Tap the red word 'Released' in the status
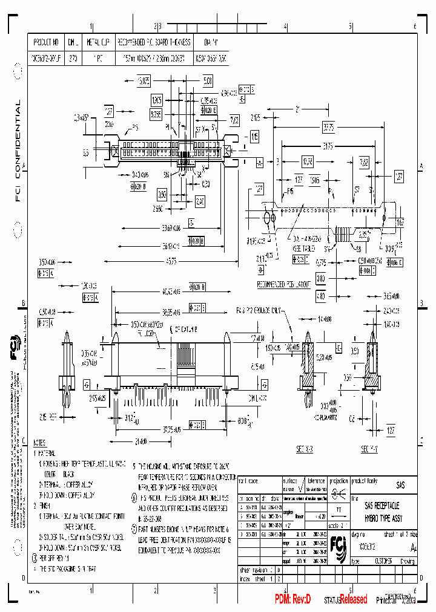tap(353, 599)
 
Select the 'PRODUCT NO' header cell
tap(47, 43)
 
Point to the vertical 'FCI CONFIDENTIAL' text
tap(18, 151)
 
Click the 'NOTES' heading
tap(39, 443)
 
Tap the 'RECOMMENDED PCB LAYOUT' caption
tap(284, 283)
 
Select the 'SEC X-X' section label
tap(306, 432)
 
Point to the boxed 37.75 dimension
tap(328, 127)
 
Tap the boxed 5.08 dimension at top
tap(207, 80)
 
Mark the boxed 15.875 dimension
tap(143, 80)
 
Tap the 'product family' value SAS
tap(400, 486)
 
